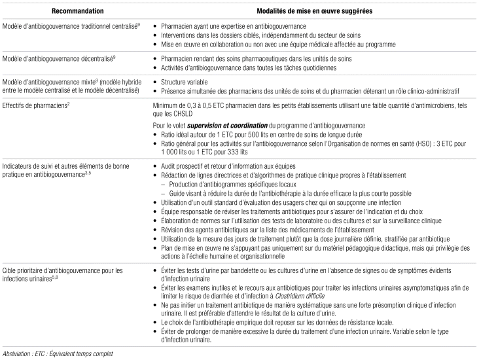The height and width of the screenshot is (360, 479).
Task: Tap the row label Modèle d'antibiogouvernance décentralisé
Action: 58,58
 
